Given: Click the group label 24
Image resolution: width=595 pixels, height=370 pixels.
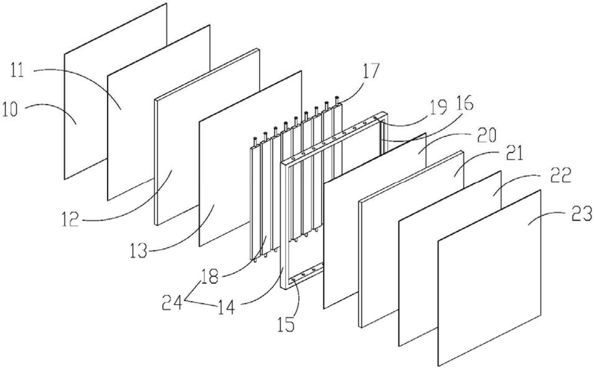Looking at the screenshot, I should click(x=172, y=304).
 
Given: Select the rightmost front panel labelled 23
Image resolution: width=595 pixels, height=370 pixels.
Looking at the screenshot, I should click(x=489, y=279).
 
